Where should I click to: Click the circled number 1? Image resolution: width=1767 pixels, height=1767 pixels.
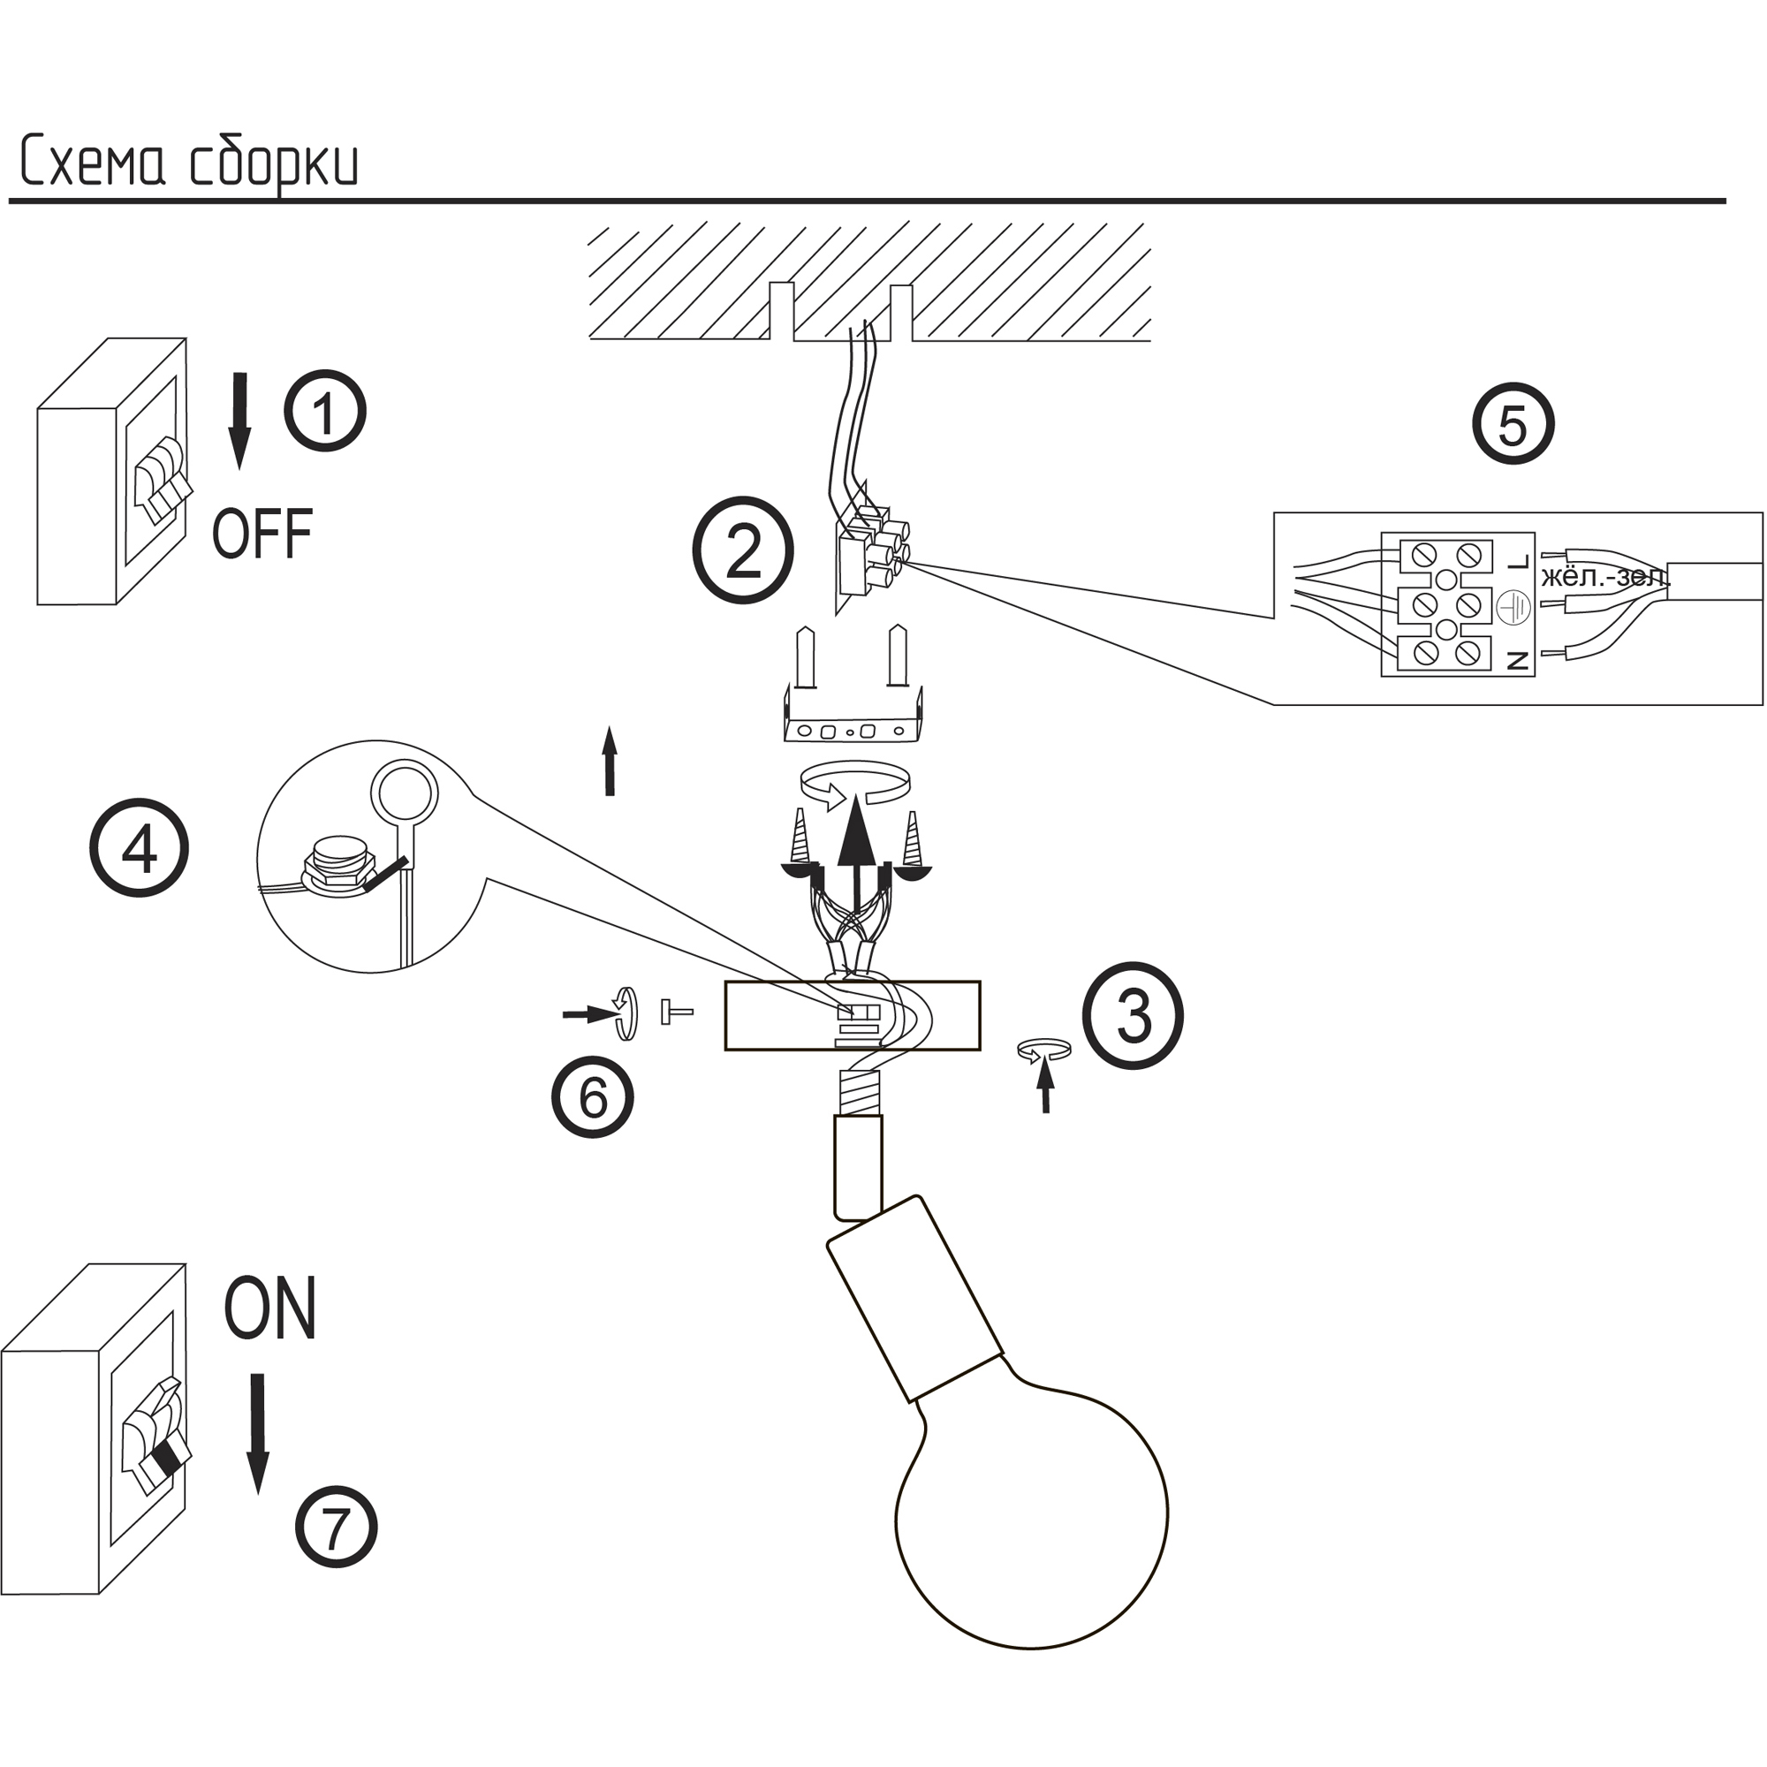coord(324,411)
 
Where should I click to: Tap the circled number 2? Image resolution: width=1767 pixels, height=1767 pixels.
coord(742,550)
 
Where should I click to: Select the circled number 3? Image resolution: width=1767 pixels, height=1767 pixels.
coord(1134,1015)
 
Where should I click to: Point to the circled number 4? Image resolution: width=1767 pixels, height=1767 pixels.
coord(139,849)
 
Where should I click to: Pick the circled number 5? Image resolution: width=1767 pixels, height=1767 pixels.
coord(1513,424)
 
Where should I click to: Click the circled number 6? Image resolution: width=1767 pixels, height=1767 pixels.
coord(593,1096)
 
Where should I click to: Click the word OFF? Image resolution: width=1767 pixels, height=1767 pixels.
coord(262,535)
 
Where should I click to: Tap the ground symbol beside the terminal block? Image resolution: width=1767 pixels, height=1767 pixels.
coord(1513,608)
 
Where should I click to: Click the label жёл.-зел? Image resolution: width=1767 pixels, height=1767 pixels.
coord(1605,578)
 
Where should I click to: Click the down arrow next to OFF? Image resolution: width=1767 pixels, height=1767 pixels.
coord(239,421)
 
